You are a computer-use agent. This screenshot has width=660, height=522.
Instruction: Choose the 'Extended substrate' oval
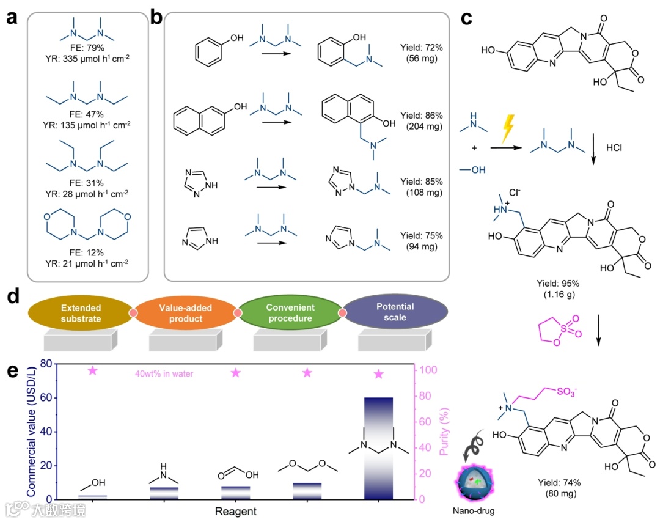[81, 312]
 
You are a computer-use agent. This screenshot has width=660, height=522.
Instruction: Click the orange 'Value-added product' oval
[185, 312]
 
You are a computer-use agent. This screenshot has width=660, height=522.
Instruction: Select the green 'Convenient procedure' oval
[290, 312]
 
